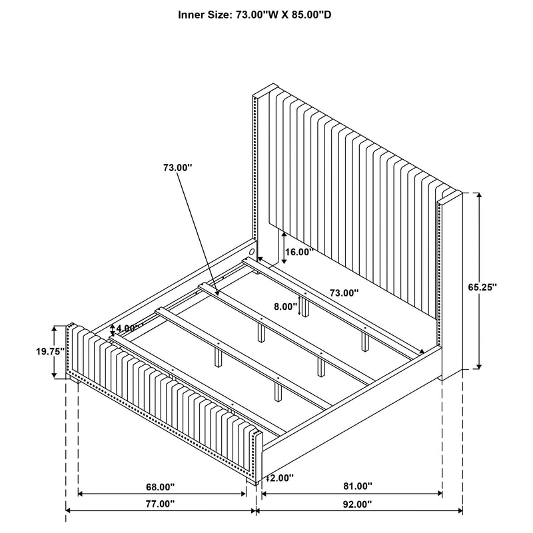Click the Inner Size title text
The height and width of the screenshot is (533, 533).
pos(255,15)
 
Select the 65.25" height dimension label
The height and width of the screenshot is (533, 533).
pos(482,287)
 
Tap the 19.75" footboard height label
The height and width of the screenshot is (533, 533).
pos(51,352)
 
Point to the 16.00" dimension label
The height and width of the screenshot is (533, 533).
pos(298,253)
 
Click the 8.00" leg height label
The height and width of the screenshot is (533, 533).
pos(286,306)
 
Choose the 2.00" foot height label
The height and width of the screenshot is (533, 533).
pos(281,478)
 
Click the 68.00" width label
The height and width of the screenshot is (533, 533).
pos(160,487)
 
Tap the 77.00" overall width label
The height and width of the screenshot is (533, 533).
pos(160,504)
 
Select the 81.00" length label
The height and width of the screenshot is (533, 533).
pos(358,486)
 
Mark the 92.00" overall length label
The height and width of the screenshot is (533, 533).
pos(357,504)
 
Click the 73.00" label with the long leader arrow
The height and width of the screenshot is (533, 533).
pos(178,168)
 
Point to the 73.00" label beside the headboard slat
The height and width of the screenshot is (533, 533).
pos(344,292)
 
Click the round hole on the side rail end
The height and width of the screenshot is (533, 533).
pos(252,252)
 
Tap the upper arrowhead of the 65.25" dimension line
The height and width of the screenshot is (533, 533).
pos(479,195)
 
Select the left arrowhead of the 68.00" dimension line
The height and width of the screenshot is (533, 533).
pos(81,493)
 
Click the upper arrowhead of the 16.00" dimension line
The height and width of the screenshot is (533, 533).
pos(284,235)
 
